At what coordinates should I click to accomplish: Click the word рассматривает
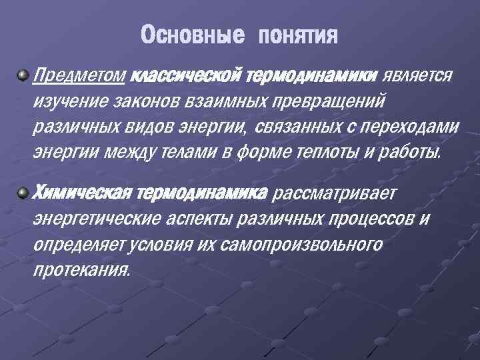335,193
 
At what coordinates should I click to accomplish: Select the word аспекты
205,219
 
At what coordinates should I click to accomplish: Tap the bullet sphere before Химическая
23,192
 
